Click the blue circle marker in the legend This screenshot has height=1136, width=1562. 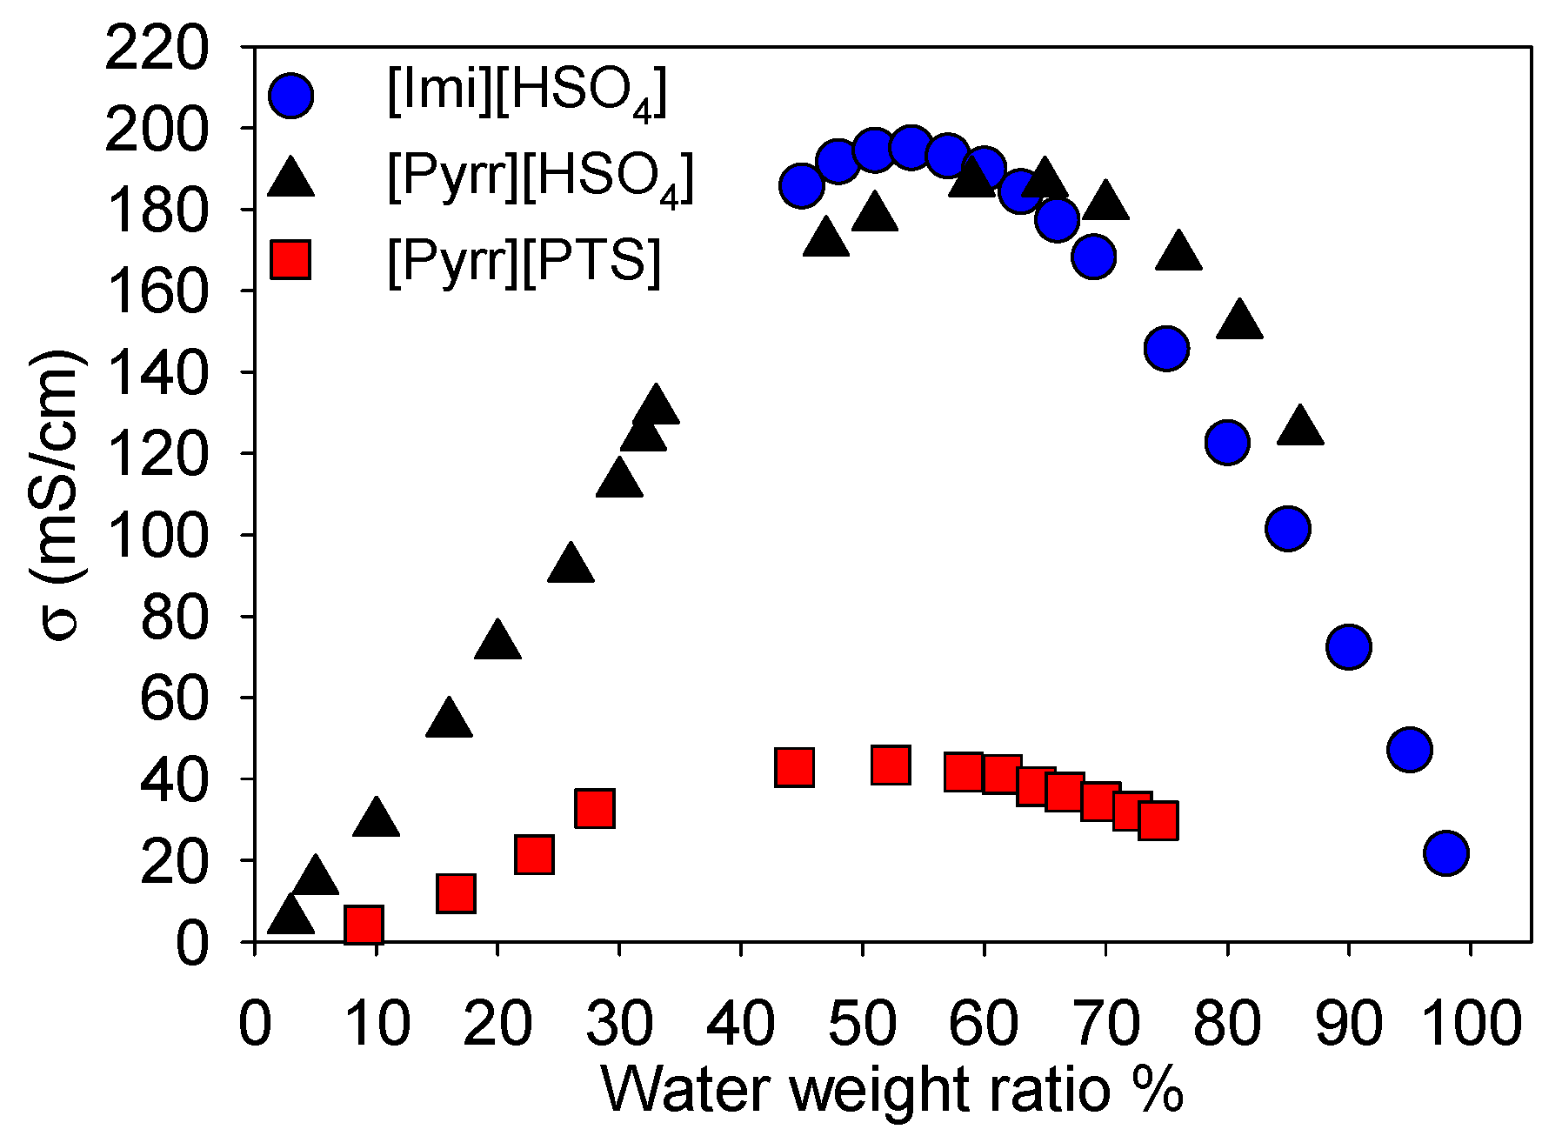[290, 95]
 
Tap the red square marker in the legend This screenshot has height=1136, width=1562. [290, 258]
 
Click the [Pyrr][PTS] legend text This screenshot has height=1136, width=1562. [524, 260]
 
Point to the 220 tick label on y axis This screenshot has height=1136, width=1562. [157, 50]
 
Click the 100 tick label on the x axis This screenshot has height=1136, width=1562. [1470, 1025]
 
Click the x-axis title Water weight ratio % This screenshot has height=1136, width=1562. [891, 1092]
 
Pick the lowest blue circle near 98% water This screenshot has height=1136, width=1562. [1445, 852]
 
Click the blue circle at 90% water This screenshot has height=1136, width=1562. [1349, 646]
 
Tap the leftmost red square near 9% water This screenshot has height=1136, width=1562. [364, 924]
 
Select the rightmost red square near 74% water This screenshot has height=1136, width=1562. [1158, 819]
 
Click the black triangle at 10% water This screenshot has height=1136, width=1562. [376, 819]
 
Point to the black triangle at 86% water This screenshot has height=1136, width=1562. [1300, 426]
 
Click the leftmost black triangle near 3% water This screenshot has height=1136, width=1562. [290, 916]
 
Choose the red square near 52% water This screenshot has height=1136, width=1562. [890, 765]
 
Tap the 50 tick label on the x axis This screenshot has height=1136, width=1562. [862, 1025]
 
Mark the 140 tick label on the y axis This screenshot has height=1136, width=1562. [157, 373]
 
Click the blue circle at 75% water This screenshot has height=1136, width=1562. [1167, 349]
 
